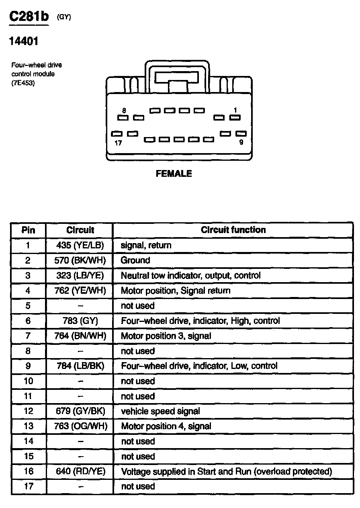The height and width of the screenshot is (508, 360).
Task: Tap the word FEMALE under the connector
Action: (174, 174)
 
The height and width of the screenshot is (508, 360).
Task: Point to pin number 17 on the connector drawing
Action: (118, 142)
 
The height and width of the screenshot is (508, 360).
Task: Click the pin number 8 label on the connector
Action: (124, 110)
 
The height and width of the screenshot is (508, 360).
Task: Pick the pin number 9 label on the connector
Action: (241, 142)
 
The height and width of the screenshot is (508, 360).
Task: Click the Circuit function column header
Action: (233, 230)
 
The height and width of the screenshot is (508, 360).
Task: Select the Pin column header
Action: (28, 230)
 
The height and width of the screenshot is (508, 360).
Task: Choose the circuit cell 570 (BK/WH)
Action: (80, 260)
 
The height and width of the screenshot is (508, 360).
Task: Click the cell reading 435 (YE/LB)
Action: (80, 245)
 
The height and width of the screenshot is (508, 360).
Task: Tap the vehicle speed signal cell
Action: (160, 411)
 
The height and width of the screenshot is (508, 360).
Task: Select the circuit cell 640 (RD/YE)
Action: (80, 471)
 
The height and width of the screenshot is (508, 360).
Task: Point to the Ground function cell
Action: (135, 260)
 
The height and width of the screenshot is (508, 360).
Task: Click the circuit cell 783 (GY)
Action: (80, 321)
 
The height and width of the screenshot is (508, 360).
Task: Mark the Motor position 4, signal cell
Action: (166, 426)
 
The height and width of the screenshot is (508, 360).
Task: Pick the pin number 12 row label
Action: (28, 411)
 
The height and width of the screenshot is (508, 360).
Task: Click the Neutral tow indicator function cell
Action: (190, 276)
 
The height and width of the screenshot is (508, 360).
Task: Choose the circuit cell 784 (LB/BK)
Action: (80, 366)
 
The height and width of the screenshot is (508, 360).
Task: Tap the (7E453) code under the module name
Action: (23, 83)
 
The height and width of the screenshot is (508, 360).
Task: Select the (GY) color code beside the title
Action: (64, 17)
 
